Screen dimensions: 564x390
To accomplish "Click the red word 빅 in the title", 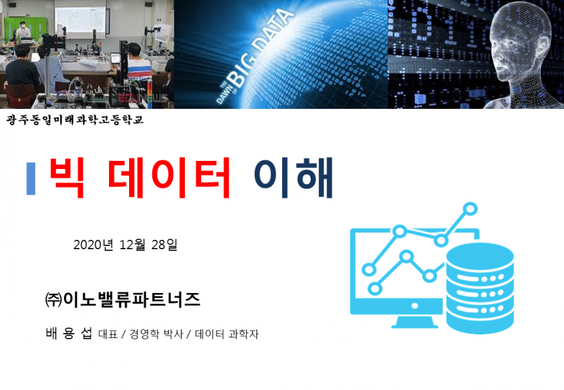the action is tap(67, 178).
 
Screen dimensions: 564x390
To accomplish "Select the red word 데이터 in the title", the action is tap(169, 178).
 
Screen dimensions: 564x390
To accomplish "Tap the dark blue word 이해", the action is tap(293, 178).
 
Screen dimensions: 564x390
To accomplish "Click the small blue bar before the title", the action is tap(31, 178).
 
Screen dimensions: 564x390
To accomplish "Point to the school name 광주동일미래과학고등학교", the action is tap(75, 120).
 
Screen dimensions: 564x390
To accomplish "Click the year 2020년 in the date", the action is tap(93, 245).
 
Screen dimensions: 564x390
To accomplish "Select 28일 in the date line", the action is tap(164, 245).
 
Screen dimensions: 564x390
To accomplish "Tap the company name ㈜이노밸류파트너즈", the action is tap(122, 299).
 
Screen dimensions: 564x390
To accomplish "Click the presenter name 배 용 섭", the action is tap(69, 333).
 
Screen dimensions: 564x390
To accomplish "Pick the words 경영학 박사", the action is tap(156, 334).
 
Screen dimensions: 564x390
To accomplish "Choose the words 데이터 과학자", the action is tap(227, 334).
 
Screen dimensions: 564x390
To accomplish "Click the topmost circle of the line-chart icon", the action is tap(470, 209).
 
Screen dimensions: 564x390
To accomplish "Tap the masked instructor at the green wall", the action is tap(23, 31).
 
